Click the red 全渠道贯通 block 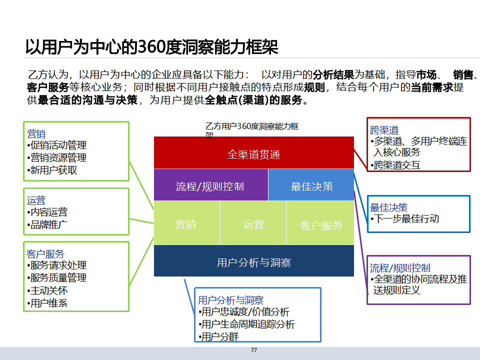pyautogui.click(x=253, y=154)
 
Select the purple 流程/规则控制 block pyautogui.click(x=210, y=186)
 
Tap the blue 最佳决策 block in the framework pyautogui.click(x=312, y=186)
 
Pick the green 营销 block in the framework pyautogui.click(x=186, y=224)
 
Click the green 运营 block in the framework pyautogui.click(x=253, y=224)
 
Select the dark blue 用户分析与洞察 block pyautogui.click(x=253, y=262)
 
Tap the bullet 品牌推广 pyautogui.click(x=48, y=224)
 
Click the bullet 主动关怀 pyautogui.click(x=48, y=290)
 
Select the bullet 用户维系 pyautogui.click(x=48, y=302)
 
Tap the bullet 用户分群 pyautogui.click(x=219, y=336)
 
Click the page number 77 pyautogui.click(x=253, y=350)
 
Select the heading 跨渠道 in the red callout pyautogui.click(x=384, y=130)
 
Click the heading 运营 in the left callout pyautogui.click(x=36, y=200)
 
